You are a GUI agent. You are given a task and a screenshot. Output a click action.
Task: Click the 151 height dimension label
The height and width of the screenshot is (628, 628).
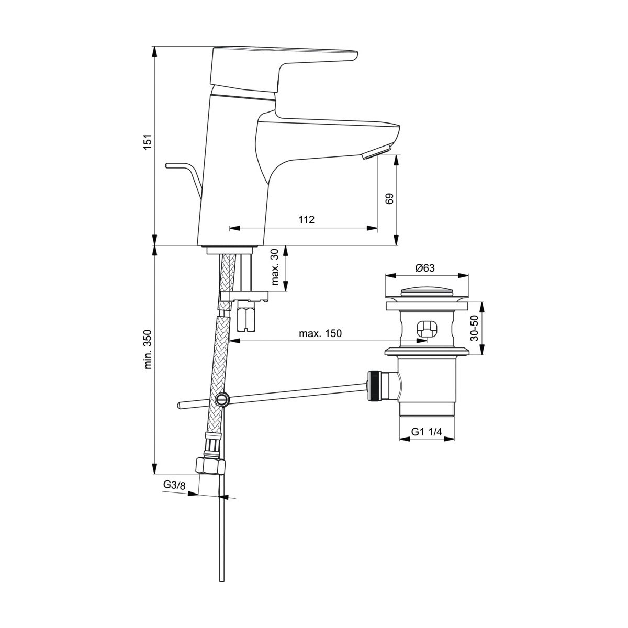click(148, 141)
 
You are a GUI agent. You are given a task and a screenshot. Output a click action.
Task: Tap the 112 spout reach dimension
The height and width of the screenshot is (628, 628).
click(307, 220)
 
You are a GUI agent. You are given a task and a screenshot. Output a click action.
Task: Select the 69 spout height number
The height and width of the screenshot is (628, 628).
click(389, 198)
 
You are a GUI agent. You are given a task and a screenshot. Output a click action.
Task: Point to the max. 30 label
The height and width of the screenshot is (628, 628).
click(275, 267)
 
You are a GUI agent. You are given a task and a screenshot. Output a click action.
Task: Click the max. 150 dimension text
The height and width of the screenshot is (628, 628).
click(320, 333)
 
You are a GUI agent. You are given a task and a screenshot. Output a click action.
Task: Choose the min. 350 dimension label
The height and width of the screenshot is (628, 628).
click(148, 350)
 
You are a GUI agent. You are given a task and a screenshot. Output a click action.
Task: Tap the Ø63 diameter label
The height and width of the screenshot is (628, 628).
click(425, 268)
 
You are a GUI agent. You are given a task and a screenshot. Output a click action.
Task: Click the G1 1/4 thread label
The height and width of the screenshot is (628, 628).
click(427, 432)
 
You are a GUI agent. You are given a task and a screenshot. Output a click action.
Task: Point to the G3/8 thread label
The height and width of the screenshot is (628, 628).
click(174, 495)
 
